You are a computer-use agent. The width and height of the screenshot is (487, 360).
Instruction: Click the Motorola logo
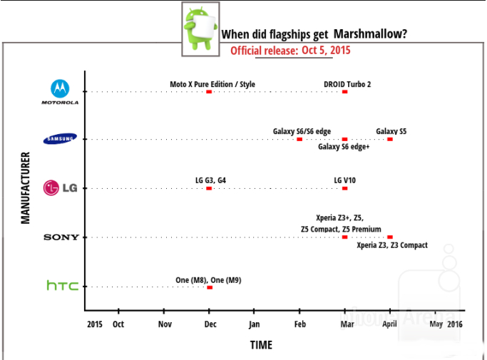tap(60, 91)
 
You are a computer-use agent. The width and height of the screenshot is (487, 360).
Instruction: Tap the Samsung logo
tap(61, 139)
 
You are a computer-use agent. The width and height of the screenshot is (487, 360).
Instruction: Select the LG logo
tap(61, 188)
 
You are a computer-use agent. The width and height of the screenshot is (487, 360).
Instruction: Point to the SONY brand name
tap(61, 237)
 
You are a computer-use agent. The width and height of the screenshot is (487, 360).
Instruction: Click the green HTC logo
tap(62, 286)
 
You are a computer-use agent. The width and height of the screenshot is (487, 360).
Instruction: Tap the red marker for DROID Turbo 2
tap(344, 92)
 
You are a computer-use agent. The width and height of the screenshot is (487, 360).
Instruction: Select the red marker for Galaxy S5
tap(390, 139)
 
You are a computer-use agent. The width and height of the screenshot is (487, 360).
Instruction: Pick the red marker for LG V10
tap(345, 188)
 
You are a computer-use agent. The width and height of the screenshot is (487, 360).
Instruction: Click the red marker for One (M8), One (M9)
tap(209, 287)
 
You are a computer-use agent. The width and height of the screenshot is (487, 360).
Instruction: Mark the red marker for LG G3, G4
tap(209, 188)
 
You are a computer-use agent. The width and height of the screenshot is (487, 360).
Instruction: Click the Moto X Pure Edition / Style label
tap(212, 84)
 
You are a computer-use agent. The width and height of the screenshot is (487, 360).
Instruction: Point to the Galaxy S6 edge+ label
tap(344, 147)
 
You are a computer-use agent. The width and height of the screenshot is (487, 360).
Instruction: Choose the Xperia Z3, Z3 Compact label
tap(392, 245)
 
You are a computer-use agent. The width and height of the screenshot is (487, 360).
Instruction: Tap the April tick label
tap(389, 324)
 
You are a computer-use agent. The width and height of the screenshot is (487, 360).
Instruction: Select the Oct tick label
tap(118, 324)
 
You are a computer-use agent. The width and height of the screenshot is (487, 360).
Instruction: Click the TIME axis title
tap(260, 345)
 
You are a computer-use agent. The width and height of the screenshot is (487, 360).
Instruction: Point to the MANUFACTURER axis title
tap(25, 187)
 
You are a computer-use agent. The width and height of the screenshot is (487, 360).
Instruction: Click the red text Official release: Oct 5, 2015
tap(290, 51)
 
